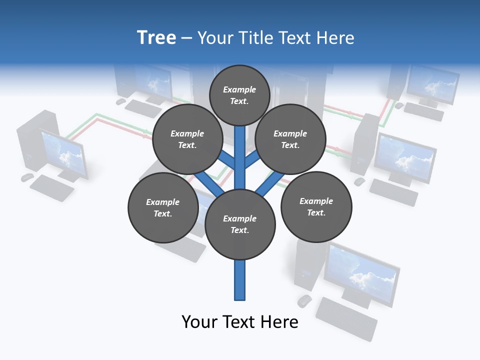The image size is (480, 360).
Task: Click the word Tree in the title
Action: tap(156, 37)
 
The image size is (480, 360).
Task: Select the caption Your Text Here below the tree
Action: tap(240, 322)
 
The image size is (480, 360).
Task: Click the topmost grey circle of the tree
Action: tap(239, 95)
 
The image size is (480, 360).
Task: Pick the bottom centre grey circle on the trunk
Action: tap(240, 224)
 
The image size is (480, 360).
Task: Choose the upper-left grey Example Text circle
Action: tap(187, 139)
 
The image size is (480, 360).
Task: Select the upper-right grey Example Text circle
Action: tap(290, 139)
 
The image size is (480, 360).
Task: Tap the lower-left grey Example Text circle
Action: tap(163, 207)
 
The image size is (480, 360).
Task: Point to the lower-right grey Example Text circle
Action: tap(316, 206)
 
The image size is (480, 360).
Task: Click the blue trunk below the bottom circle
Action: tap(240, 280)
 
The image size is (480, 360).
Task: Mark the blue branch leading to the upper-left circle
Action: tap(226, 160)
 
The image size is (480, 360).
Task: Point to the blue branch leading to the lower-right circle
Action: tap(265, 183)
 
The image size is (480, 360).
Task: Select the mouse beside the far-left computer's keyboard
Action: tap(27, 177)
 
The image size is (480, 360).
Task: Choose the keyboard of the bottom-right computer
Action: tap(346, 318)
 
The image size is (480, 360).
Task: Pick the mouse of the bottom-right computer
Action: tap(304, 300)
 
